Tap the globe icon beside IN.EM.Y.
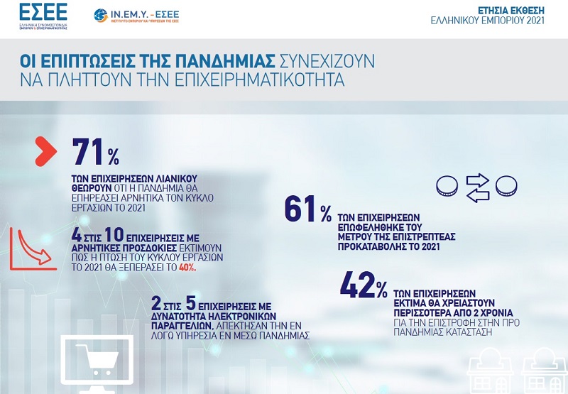(x=100, y=15)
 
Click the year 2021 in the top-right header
(x=535, y=21)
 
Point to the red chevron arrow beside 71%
(x=45, y=151)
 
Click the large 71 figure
(x=88, y=151)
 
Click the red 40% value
(x=187, y=268)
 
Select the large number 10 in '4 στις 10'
(x=114, y=235)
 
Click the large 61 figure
(x=300, y=209)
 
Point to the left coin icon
(x=447, y=186)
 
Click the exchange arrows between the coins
(x=477, y=187)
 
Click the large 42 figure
(x=357, y=285)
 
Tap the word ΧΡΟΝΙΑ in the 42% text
(x=498, y=312)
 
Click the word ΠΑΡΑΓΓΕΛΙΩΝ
(x=181, y=325)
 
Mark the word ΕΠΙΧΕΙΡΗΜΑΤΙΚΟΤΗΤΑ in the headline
(x=259, y=80)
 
